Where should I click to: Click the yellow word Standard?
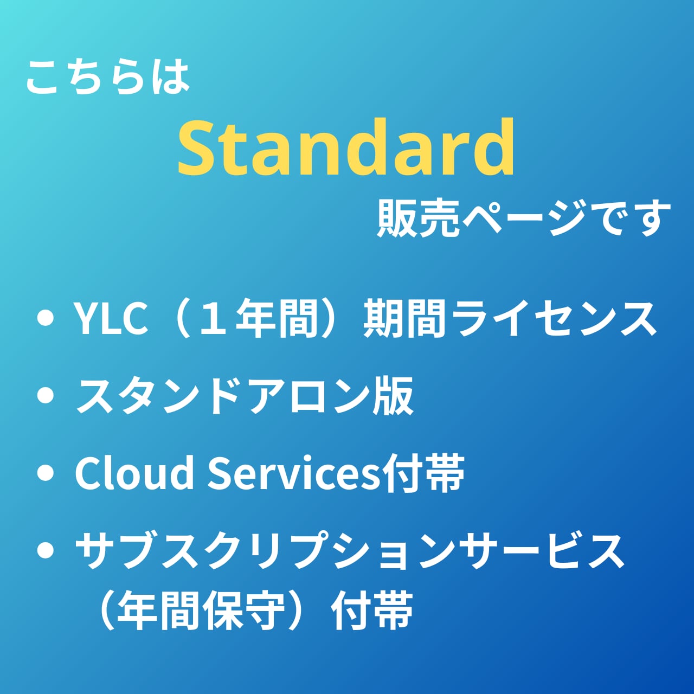click(x=346, y=147)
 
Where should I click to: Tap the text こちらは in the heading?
click(x=108, y=78)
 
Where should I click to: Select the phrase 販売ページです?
click(x=523, y=219)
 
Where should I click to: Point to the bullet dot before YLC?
click(x=46, y=319)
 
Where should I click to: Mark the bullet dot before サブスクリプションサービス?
click(x=46, y=551)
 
